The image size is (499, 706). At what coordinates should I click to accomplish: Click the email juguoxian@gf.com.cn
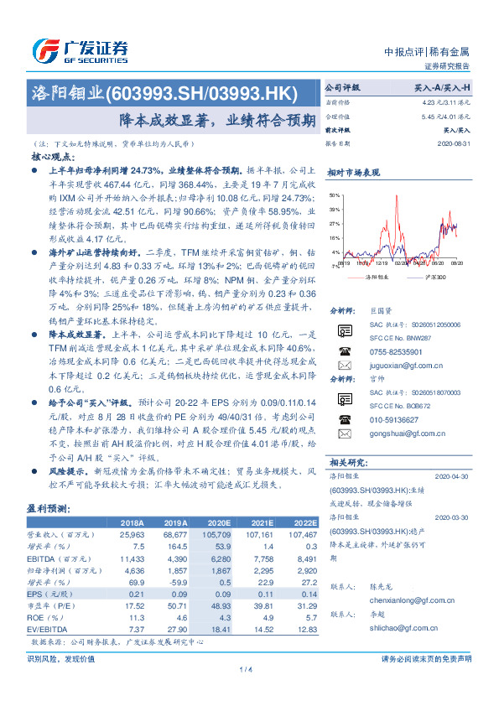tap(399, 366)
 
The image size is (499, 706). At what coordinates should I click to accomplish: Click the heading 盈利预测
tap(49, 508)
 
